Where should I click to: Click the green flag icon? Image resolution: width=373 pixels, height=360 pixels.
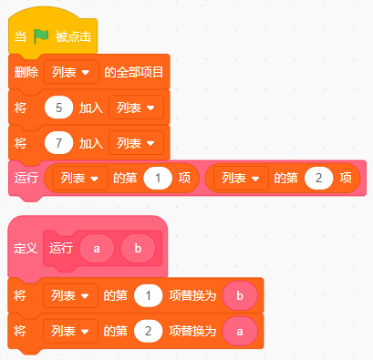click(x=41, y=36)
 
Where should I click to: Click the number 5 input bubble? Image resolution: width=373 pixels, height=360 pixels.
click(x=58, y=108)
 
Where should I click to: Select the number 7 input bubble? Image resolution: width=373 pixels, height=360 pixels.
click(x=58, y=143)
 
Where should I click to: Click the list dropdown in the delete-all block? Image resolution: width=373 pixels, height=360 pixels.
click(x=71, y=72)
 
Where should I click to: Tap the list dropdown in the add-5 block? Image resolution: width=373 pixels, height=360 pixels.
click(x=137, y=108)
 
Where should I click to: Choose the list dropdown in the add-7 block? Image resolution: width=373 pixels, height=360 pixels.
click(x=137, y=143)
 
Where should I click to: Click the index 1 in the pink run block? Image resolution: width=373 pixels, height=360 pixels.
click(x=158, y=178)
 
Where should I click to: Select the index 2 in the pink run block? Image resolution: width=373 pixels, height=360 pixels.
click(x=318, y=178)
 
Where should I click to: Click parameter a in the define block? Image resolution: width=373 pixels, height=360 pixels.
click(x=97, y=249)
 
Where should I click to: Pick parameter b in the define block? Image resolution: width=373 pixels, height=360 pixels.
click(x=138, y=249)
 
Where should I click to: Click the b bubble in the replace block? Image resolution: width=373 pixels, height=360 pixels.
click(x=240, y=295)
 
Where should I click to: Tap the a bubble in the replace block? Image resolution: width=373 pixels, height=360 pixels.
click(x=240, y=331)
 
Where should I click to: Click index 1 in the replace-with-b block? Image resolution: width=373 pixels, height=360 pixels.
click(x=149, y=295)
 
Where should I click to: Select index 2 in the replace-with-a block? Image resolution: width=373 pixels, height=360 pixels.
click(x=149, y=331)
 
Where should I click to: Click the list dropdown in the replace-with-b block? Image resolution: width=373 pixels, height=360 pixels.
click(x=71, y=295)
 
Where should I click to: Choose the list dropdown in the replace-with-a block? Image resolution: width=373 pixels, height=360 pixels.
click(x=71, y=331)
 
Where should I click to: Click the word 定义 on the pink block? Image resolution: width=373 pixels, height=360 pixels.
click(x=26, y=249)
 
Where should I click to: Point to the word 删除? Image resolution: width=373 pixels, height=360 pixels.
click(x=26, y=72)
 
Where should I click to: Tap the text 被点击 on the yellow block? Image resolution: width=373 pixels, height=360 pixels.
click(x=73, y=36)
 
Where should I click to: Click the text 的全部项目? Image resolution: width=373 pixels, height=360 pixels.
click(x=134, y=72)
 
